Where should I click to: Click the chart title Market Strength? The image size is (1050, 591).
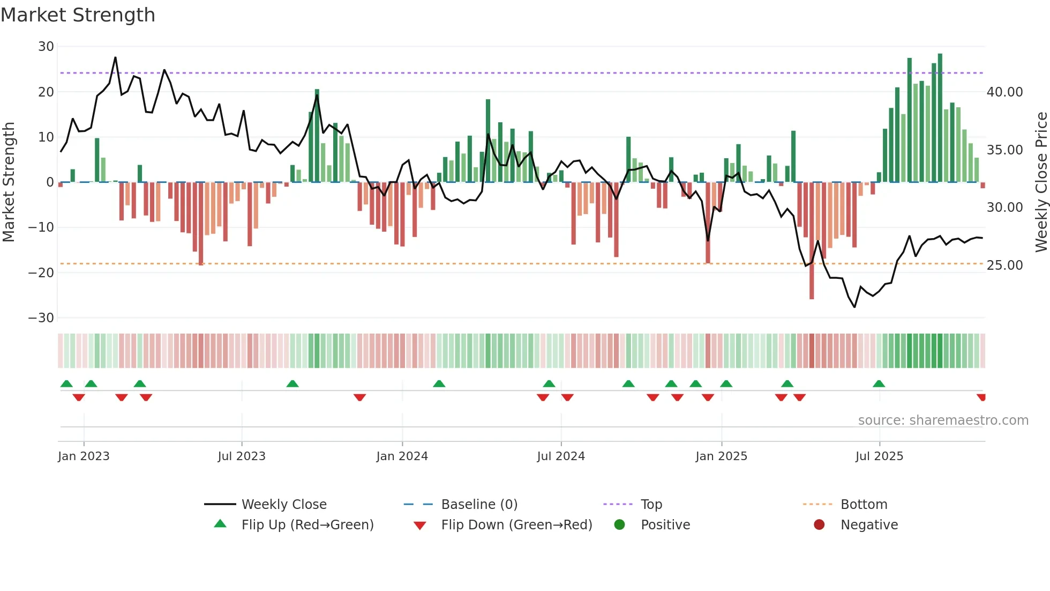click(78, 15)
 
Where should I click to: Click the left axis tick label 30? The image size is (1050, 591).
click(46, 47)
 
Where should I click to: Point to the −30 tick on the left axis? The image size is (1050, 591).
click(41, 318)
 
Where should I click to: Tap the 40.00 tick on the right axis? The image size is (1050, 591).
click(1004, 92)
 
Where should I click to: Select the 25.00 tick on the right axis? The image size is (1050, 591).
click(1004, 265)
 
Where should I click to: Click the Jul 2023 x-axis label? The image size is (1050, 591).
click(242, 456)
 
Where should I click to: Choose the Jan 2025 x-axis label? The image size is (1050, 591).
click(721, 456)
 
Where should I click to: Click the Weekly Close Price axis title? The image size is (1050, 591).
click(1041, 182)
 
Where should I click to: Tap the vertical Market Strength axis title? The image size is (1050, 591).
click(9, 182)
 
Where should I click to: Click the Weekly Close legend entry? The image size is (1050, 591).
click(283, 505)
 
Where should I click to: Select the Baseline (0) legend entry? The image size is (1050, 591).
click(479, 505)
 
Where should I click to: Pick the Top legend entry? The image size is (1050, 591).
click(651, 505)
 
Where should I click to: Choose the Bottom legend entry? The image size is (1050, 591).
click(864, 505)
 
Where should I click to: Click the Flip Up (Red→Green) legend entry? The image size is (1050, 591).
click(307, 525)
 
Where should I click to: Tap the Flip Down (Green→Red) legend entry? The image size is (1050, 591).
click(516, 525)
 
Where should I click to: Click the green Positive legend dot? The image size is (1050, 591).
click(619, 525)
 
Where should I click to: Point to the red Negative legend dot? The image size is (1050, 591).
click(819, 525)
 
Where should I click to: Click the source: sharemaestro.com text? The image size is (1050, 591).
click(943, 420)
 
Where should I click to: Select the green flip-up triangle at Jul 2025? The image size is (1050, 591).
click(879, 384)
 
